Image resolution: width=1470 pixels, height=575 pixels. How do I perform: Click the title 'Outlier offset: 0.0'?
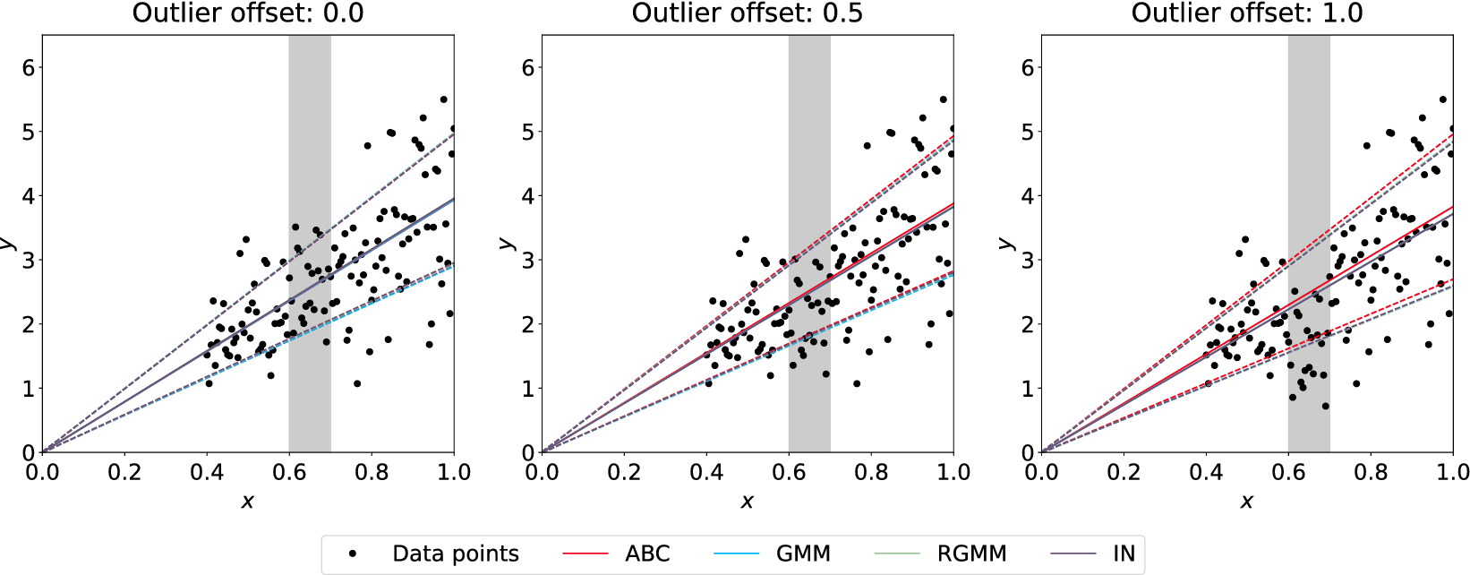[248, 13]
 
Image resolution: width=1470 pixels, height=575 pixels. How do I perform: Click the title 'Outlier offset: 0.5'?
[748, 13]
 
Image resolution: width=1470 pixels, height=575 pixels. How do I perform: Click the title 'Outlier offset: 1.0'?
[1247, 13]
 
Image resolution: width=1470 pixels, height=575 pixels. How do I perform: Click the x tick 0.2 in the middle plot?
[624, 472]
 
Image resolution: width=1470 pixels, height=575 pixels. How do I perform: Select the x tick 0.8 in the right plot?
[1371, 472]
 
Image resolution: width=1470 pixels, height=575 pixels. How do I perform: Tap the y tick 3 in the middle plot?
[528, 261]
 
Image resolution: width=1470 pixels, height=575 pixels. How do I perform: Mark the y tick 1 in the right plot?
[1028, 389]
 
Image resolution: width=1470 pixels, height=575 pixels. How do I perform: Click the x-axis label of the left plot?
[248, 502]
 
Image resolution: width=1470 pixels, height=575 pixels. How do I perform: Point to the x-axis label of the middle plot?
[748, 502]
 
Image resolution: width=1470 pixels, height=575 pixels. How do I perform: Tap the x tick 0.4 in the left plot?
[207, 472]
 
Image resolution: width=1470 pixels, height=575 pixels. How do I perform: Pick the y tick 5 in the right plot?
[1028, 133]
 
